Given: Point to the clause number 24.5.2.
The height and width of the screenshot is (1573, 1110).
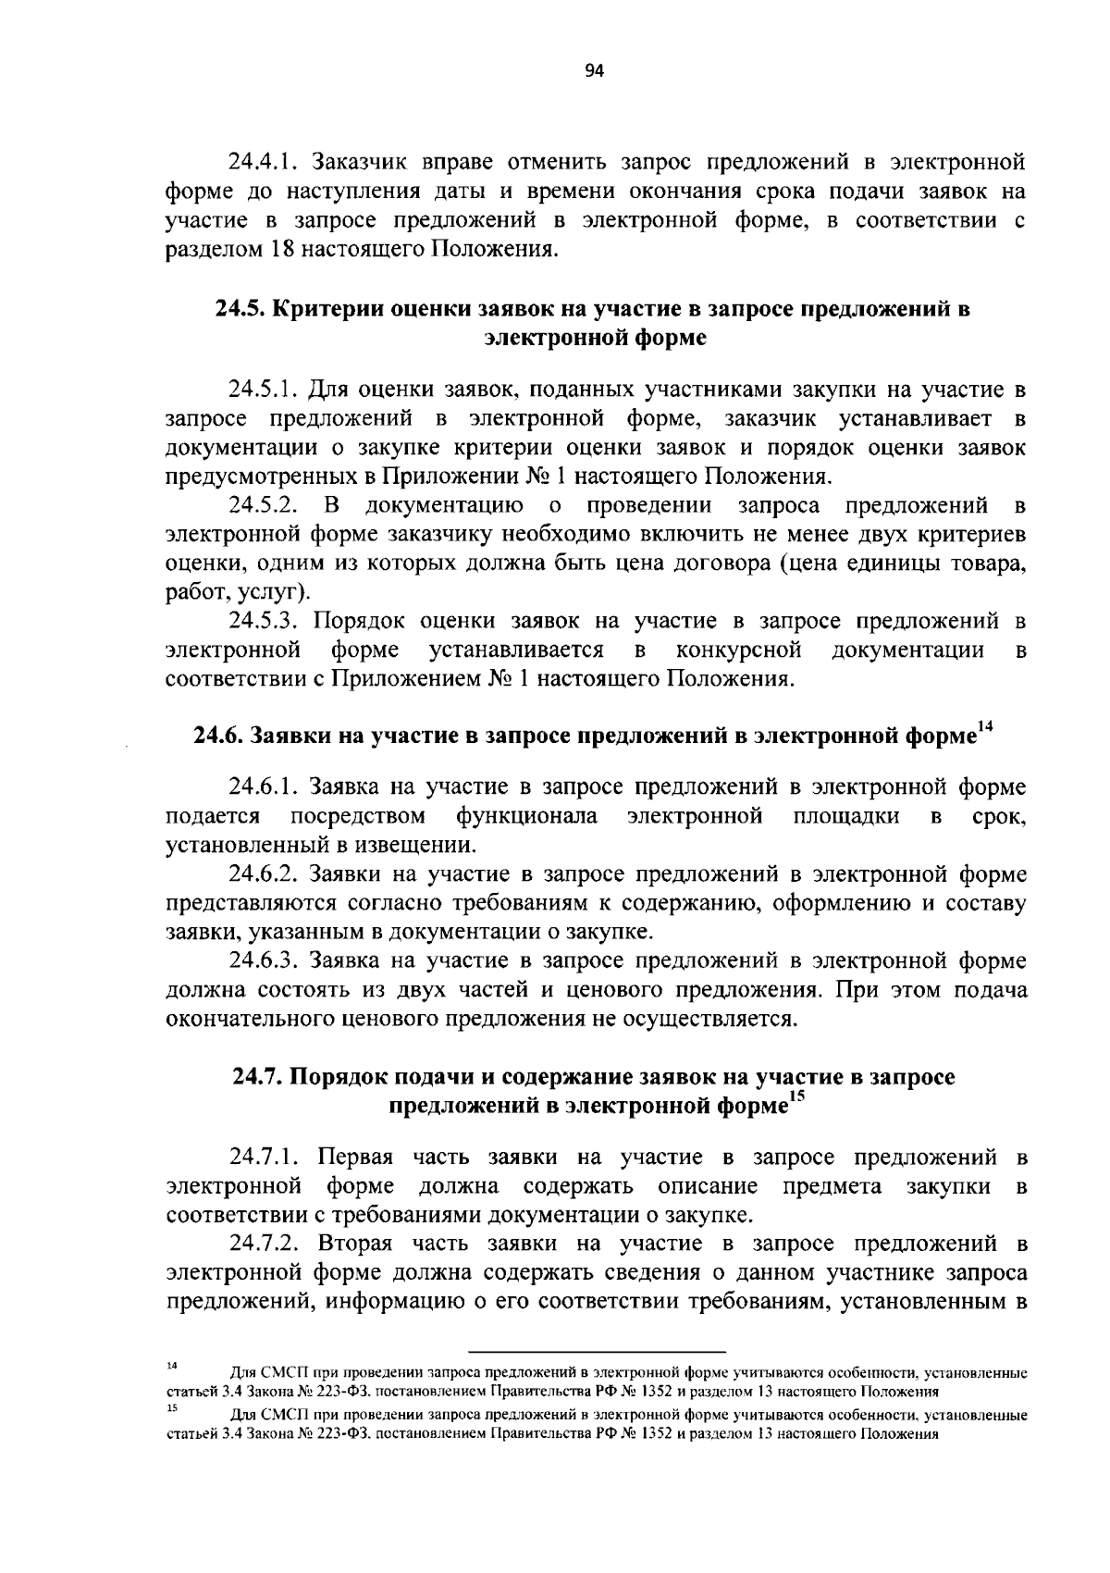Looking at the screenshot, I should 261,506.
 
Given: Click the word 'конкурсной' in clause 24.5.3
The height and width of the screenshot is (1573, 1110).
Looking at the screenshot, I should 737,650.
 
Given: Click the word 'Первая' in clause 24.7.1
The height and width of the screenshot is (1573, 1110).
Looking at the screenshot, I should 355,1158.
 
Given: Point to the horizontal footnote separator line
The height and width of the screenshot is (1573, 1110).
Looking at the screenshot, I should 598,1352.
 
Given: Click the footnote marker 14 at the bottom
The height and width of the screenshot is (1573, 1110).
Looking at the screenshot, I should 171,1366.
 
